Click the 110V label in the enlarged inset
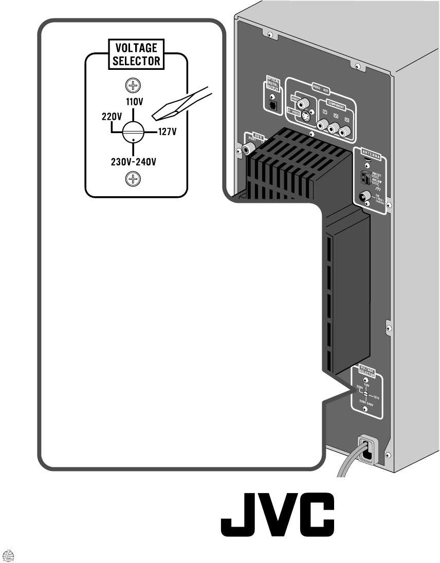[x=133, y=101]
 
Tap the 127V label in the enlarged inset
[x=167, y=132]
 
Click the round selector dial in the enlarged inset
[x=133, y=132]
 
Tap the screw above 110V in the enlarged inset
[x=133, y=85]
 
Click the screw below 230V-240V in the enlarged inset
[x=133, y=179]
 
